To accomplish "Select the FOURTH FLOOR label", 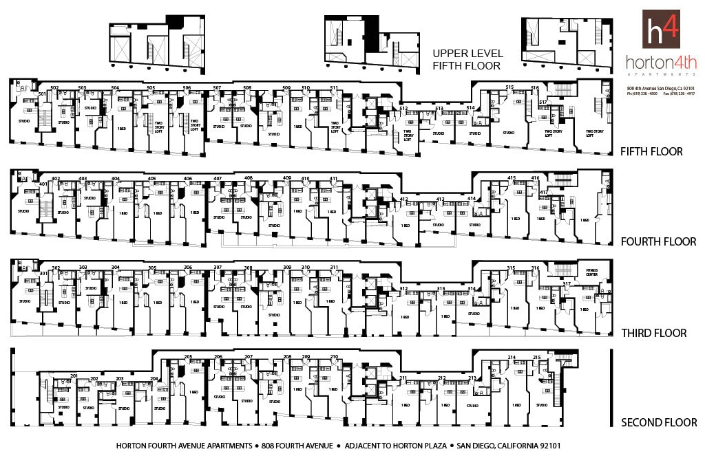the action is [658, 241].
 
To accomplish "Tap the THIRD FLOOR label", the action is [653, 333].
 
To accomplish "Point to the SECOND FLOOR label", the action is [659, 422].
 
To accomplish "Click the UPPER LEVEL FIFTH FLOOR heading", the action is [467, 59].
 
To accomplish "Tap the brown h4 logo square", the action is [661, 29].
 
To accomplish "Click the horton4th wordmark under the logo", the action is [661, 63].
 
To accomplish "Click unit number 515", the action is [510, 87].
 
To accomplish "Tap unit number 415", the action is [512, 179].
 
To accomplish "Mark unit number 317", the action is [567, 283].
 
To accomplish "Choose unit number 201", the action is [74, 376].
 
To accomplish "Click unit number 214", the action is [512, 358].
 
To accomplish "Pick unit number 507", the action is [217, 88].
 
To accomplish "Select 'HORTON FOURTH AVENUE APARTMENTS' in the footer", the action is [184, 445].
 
